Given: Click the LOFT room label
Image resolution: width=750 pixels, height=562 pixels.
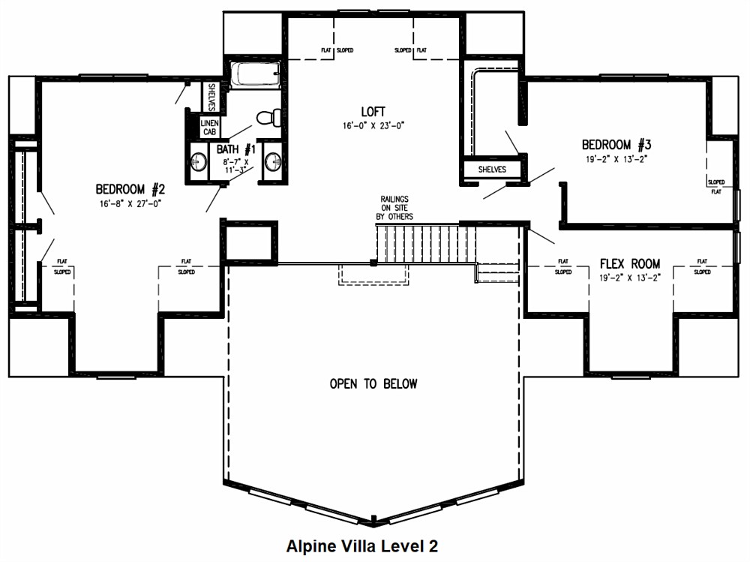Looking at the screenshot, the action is tap(373, 112).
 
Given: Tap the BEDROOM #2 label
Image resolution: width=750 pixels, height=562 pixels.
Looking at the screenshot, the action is tap(130, 189).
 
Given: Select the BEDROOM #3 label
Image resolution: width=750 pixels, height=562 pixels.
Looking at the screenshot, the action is tap(616, 145).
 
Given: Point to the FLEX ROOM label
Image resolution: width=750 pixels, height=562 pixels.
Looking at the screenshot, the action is tap(630, 264).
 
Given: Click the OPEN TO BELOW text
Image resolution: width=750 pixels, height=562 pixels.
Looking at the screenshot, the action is tap(373, 384).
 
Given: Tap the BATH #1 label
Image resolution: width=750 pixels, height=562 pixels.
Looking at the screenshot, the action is tap(236, 149).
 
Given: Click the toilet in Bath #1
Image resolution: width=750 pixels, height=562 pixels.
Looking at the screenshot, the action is tap(268, 117).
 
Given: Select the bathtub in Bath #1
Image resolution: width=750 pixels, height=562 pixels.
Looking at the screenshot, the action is tap(256, 75).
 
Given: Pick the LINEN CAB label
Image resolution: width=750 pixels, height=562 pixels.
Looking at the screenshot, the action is tap(209, 128).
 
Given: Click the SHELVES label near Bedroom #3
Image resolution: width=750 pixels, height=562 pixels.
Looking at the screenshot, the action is tap(492, 170).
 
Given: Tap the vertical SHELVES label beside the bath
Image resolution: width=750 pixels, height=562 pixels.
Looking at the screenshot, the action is tap(211, 98).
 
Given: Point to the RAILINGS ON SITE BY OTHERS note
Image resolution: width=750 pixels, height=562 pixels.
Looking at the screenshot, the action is tap(394, 208).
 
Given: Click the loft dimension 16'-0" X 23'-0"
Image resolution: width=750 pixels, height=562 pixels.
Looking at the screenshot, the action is tap(373, 126).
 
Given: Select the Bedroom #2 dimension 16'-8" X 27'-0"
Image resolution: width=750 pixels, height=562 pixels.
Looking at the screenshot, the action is tap(130, 203).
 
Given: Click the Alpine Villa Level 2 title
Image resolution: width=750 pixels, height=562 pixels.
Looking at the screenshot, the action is tap(362, 545).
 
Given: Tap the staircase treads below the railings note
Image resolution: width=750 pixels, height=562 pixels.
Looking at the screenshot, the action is tap(426, 244).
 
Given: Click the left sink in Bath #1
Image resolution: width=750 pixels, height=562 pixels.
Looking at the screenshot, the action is tap(198, 162).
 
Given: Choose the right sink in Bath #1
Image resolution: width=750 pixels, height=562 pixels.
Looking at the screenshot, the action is tap(274, 162).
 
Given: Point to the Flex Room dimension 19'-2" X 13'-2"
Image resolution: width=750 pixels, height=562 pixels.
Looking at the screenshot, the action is tap(630, 278).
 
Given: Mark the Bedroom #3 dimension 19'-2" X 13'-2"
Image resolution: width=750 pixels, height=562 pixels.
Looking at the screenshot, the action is tap(616, 159).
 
